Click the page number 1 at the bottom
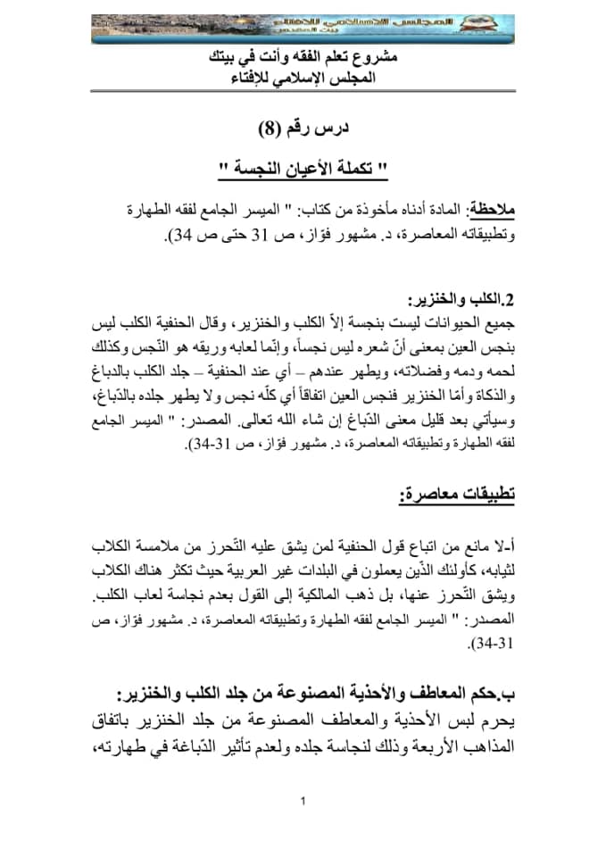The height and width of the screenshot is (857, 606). pos(303,800)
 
